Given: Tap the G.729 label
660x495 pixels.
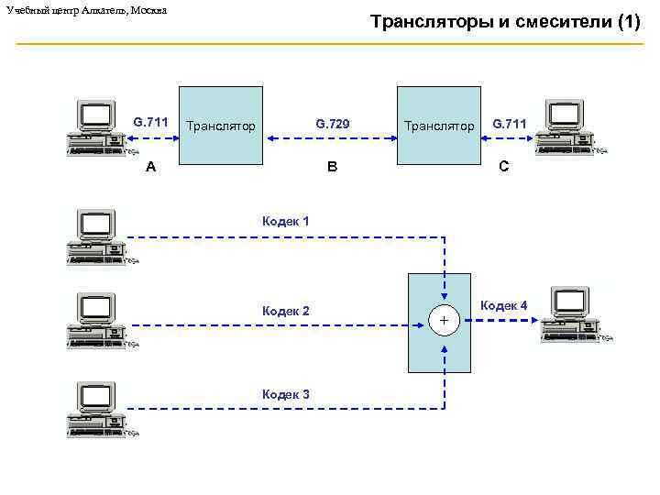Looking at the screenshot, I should click(x=333, y=123).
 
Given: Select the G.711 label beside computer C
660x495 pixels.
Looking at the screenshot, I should click(x=509, y=123).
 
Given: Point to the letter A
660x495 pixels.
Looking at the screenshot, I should click(x=151, y=168).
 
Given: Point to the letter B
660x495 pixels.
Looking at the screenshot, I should click(x=332, y=168).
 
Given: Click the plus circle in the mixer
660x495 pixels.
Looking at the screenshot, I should click(x=444, y=321).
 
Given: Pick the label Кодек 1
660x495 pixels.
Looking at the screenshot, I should click(x=285, y=221).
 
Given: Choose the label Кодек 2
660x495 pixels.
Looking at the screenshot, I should click(x=285, y=311).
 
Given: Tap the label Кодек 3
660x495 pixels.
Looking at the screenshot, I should click(x=285, y=394).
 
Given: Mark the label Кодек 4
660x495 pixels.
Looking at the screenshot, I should click(x=503, y=305).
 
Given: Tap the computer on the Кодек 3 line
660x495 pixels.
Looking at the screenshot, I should click(x=97, y=408).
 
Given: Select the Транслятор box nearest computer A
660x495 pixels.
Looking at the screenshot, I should click(x=220, y=126).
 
